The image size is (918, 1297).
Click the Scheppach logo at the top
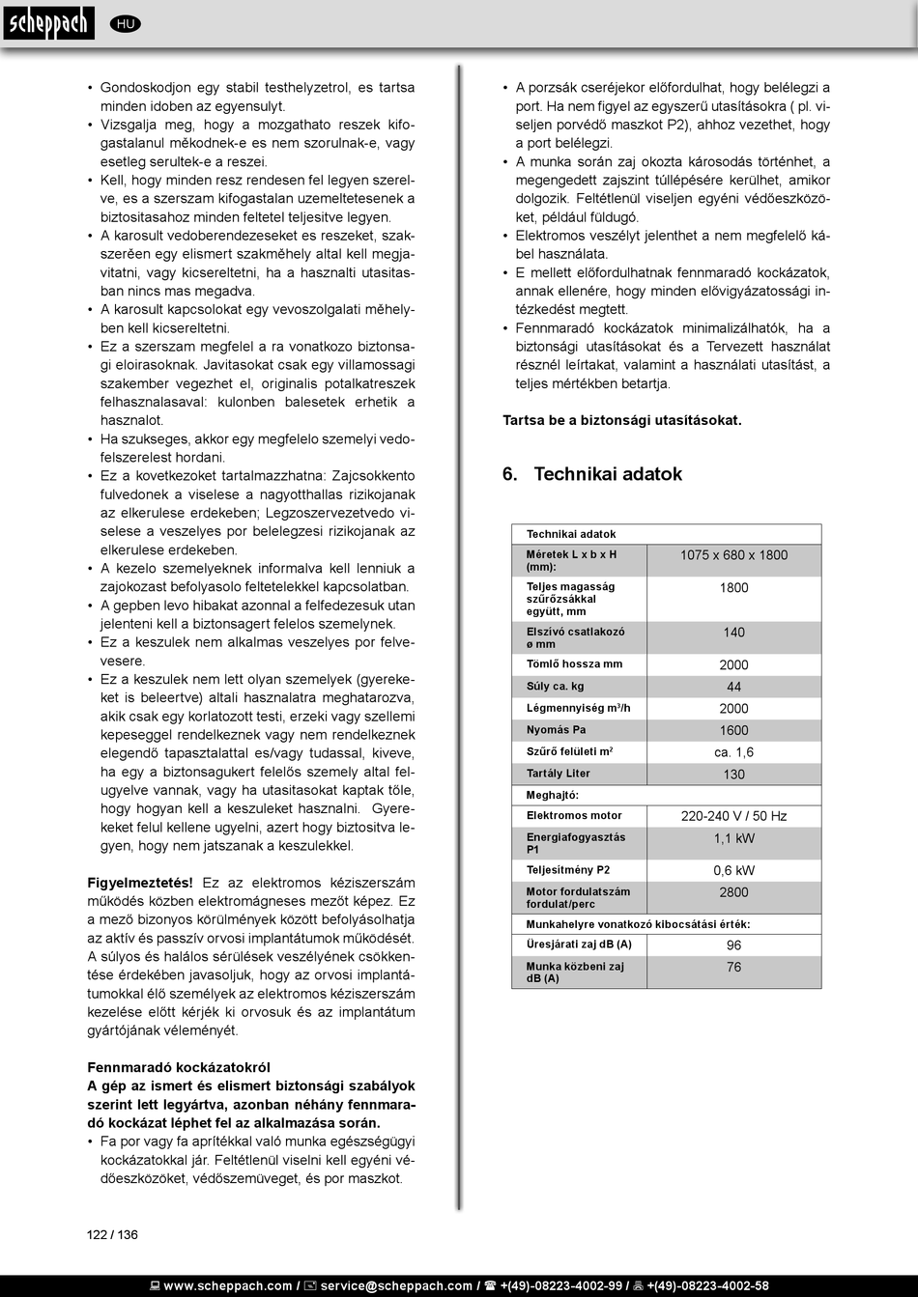47,22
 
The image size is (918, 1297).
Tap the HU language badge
125,24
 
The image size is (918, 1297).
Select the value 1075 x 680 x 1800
733,555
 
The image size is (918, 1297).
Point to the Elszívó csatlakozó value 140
733,633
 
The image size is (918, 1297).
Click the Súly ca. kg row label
556,687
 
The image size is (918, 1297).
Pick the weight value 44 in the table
733,687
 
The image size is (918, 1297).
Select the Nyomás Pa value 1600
733,731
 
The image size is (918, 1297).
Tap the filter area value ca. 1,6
733,752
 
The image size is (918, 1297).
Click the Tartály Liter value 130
733,775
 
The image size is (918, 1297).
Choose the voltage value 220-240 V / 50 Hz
733,816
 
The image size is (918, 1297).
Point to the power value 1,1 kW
733,839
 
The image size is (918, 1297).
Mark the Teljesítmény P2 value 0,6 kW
733,870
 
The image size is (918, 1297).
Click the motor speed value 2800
733,892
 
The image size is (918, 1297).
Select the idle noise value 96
733,945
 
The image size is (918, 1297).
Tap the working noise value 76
733,968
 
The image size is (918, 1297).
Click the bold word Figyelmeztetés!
140,883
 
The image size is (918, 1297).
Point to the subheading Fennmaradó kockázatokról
179,1067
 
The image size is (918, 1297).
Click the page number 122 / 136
112,1234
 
